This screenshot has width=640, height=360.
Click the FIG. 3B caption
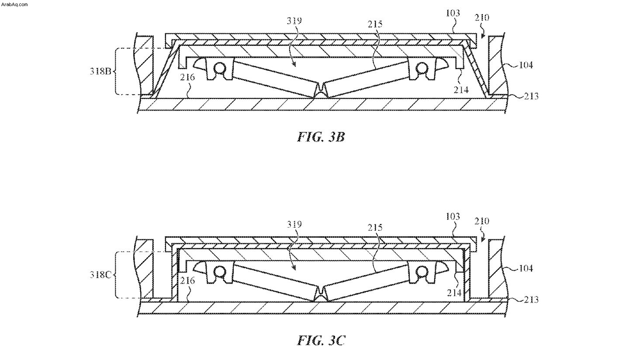coord(321,137)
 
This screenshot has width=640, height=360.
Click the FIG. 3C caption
coord(321,341)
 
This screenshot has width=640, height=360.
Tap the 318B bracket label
coord(100,71)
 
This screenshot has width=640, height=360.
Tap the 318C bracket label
coord(100,274)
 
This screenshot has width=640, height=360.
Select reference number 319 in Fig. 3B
coord(294,21)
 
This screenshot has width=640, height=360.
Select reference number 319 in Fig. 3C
coord(294,224)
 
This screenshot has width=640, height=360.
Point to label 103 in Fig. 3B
coord(453,13)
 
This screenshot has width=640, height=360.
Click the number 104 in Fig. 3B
coord(526,65)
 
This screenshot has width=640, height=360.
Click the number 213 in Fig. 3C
coord(531,299)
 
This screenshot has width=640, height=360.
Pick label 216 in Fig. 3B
coord(187,77)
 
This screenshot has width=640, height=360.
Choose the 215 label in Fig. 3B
coord(375,24)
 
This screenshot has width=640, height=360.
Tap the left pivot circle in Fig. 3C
coord(219,271)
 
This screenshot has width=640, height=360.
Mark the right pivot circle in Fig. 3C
coord(422,271)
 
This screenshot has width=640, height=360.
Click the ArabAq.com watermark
coord(14,4)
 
